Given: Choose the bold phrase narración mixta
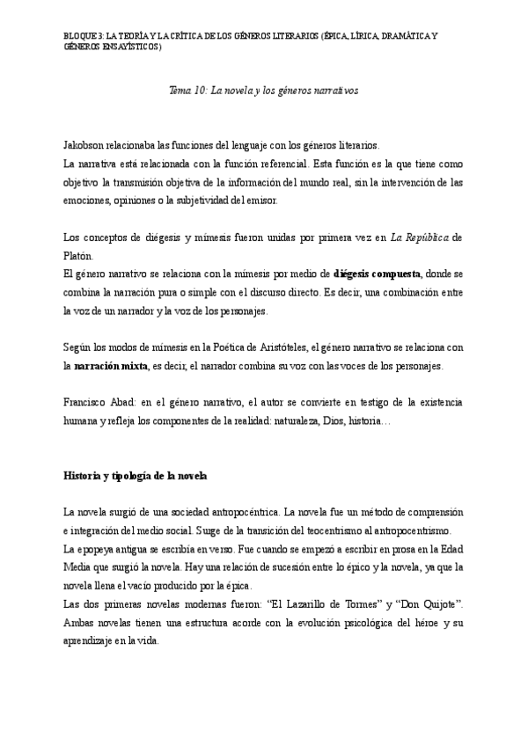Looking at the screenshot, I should (x=111, y=366).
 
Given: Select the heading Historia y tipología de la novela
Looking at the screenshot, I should (x=135, y=476).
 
